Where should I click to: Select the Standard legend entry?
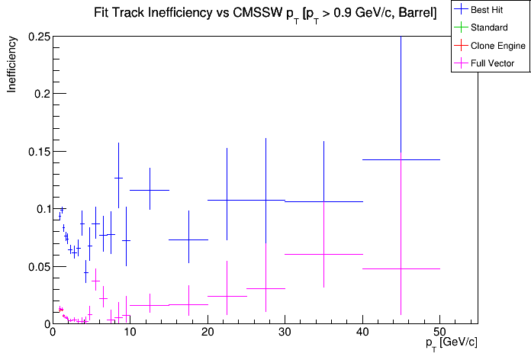coord(488,27)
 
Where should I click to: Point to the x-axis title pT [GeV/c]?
coord(452,342)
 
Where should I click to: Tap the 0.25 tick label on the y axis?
coord(39,37)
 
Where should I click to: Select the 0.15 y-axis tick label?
coord(39,151)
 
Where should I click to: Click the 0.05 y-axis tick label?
coord(39,266)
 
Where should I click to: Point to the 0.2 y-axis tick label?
coord(42,94)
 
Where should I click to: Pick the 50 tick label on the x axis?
coord(440,333)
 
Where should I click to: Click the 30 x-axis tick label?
coord(285,333)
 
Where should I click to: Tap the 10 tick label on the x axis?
coord(130,333)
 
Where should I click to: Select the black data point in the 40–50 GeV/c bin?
coord(401,159)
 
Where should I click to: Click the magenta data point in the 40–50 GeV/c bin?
coord(401,268)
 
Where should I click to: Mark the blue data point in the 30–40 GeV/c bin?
coord(323,201)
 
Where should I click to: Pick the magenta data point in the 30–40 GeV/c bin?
coord(323,254)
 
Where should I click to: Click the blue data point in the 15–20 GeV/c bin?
coord(188,239)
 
